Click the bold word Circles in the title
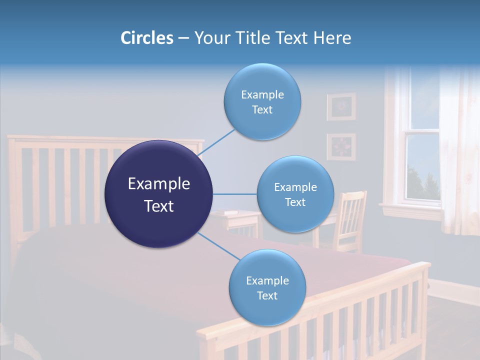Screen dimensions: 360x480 pos(146,38)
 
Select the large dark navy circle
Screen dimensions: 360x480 pos(158,194)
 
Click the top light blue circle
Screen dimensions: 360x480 pos(262,102)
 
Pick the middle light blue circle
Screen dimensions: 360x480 pos(295,194)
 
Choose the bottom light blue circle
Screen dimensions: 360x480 pos(267,288)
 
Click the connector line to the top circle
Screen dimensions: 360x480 pos(218,142)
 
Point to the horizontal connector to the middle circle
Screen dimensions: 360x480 pos(234,194)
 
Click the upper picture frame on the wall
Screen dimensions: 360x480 pos(341,106)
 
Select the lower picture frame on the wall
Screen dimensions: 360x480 pos(341,147)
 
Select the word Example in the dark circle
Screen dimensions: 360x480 pos(158,184)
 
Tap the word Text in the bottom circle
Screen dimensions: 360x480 pos(267,295)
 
